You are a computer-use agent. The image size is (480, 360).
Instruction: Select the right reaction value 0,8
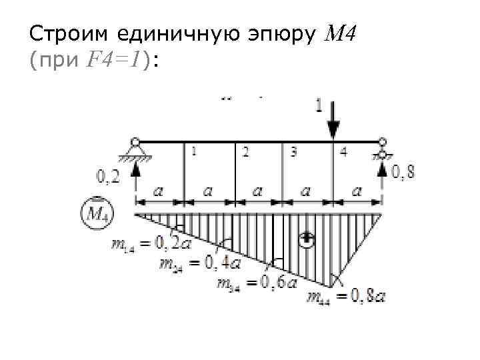(403, 172)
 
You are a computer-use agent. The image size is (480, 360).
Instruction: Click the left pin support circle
(135, 142)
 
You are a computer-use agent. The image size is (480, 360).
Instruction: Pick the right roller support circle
(382, 142)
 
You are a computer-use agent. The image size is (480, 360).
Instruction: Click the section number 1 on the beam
(194, 152)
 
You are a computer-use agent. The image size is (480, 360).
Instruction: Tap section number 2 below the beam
(245, 152)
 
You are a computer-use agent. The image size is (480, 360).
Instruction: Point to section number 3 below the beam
(293, 152)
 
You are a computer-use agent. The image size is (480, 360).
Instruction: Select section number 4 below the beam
(343, 152)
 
